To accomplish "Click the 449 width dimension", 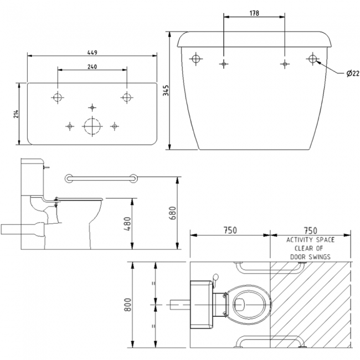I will (92, 53).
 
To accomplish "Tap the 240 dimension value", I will (92, 67).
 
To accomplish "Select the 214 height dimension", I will (17, 114).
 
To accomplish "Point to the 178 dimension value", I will (254, 13).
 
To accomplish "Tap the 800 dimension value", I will (128, 304).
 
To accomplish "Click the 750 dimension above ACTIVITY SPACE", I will (311, 230).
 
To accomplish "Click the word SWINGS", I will (318, 257).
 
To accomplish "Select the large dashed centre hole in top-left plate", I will (91, 126).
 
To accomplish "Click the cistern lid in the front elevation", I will (254, 38).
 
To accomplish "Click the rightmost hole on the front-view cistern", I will (313, 59).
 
